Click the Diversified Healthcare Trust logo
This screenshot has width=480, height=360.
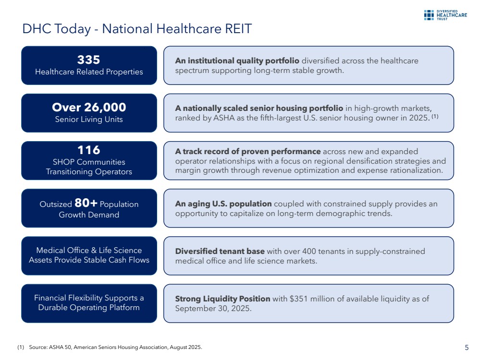pyautogui.click(x=445, y=14)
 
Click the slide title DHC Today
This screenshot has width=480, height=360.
pyautogui.click(x=137, y=29)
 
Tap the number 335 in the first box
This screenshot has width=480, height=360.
pyautogui.click(x=89, y=60)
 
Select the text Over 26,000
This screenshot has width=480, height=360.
pyautogui.click(x=89, y=107)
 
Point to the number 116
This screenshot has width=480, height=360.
pyautogui.click(x=89, y=151)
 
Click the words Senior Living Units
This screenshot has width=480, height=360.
pyautogui.click(x=89, y=120)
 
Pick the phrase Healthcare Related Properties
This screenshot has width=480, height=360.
pyautogui.click(x=89, y=72)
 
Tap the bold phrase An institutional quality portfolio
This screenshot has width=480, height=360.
pyautogui.click(x=237, y=61)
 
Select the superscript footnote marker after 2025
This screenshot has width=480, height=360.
pyautogui.click(x=434, y=116)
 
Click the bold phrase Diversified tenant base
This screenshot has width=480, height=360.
pyautogui.click(x=220, y=251)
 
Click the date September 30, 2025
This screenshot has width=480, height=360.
pyautogui.click(x=213, y=308)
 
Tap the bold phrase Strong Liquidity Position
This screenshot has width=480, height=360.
pyautogui.click(x=222, y=299)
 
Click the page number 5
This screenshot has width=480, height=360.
pyautogui.click(x=467, y=348)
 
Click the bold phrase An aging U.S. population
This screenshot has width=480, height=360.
pyautogui.click(x=223, y=204)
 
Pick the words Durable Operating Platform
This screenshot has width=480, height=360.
pyautogui.click(x=89, y=307)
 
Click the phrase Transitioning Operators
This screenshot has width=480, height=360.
pyautogui.click(x=89, y=172)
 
